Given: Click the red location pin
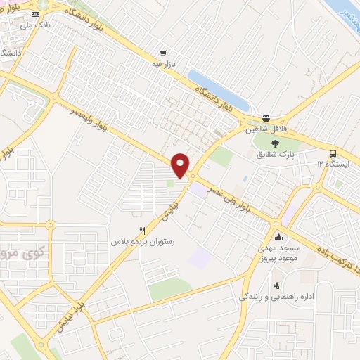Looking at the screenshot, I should (181, 165).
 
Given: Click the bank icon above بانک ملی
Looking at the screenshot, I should (37, 14).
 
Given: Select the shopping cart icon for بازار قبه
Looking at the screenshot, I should (163, 53).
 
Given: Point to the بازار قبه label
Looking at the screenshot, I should (163, 64).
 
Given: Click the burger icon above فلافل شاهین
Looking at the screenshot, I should (266, 118).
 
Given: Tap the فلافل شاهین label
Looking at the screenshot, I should (266, 129).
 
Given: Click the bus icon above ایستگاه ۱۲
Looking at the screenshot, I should (333, 153).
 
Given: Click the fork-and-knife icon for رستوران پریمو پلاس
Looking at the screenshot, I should (143, 230).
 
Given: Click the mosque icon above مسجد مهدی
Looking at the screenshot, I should (280, 236).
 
